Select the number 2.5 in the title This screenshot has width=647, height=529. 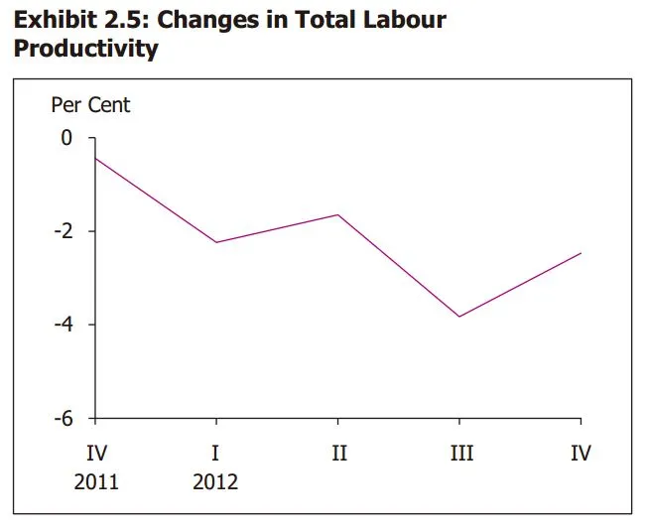(x=124, y=20)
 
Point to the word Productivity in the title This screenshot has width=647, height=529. (x=85, y=49)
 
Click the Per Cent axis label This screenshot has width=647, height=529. (x=91, y=104)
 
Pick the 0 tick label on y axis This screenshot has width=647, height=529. (x=67, y=138)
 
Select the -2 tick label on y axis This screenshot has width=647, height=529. (x=64, y=231)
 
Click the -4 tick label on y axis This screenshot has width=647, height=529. (x=64, y=325)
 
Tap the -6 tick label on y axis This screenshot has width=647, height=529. (x=64, y=418)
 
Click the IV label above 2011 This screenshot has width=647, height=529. (x=96, y=454)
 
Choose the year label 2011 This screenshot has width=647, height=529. (x=96, y=482)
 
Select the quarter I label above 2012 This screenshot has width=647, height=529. (x=216, y=454)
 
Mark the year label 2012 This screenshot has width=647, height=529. (x=216, y=482)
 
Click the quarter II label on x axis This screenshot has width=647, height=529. (x=338, y=454)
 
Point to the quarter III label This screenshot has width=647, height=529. (x=460, y=454)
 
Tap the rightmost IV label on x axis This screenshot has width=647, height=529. (x=582, y=454)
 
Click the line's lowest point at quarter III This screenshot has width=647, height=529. (x=460, y=317)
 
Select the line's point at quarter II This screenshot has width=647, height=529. (x=338, y=214)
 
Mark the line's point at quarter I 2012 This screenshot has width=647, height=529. (x=216, y=242)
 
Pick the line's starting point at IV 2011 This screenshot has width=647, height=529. (x=96, y=159)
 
